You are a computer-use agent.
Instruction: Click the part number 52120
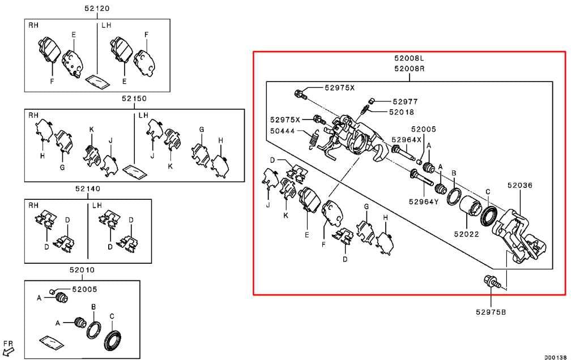click(97, 8)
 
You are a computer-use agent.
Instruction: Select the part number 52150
click(134, 98)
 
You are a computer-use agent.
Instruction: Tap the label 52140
click(88, 188)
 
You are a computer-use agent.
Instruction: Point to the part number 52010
click(82, 270)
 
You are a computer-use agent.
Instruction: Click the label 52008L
click(409, 58)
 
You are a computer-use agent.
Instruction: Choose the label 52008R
click(409, 68)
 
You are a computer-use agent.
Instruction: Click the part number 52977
click(405, 101)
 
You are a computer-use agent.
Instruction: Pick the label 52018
click(402, 112)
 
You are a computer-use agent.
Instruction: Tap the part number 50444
click(283, 131)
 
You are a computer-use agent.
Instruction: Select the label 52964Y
click(424, 202)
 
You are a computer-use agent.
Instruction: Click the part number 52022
click(467, 234)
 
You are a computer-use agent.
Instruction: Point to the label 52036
click(520, 185)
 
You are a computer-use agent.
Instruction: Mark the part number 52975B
click(491, 312)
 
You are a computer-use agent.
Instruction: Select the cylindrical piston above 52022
click(470, 205)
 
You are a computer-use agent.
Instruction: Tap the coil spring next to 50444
click(314, 140)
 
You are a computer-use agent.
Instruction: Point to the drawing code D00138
click(555, 357)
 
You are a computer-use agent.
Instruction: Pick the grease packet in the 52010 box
click(52, 342)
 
